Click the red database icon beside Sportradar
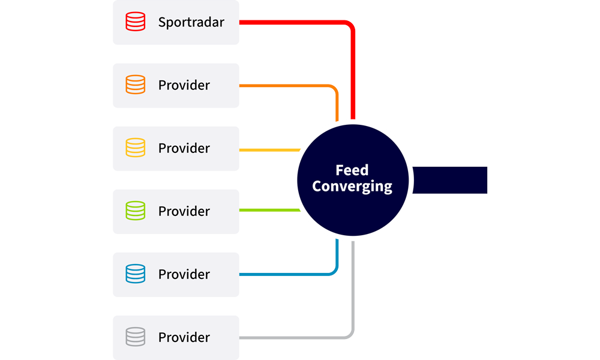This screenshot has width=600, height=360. [x=135, y=22]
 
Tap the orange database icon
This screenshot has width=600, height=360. [x=135, y=85]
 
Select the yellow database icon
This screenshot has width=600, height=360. [x=135, y=148]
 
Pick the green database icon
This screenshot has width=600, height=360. [x=135, y=211]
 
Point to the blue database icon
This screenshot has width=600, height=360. [x=135, y=274]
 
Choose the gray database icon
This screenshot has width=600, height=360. [x=135, y=337]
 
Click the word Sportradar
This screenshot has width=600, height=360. [x=191, y=23]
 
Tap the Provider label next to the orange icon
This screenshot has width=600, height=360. [x=184, y=86]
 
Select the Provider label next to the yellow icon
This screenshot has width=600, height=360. [x=184, y=149]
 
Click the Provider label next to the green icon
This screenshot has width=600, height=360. [x=184, y=212]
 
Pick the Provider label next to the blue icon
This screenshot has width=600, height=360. [x=184, y=275]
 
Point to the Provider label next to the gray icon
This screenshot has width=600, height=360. [x=184, y=338]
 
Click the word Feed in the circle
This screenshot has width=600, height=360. [x=352, y=170]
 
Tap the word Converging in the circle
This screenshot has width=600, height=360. [x=352, y=187]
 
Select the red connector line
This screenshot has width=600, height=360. [x=294, y=22]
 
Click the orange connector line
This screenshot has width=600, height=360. [x=288, y=86]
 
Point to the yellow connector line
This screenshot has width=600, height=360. [x=270, y=149]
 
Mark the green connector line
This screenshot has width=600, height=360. [x=270, y=210]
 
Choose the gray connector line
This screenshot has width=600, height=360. [x=294, y=337]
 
